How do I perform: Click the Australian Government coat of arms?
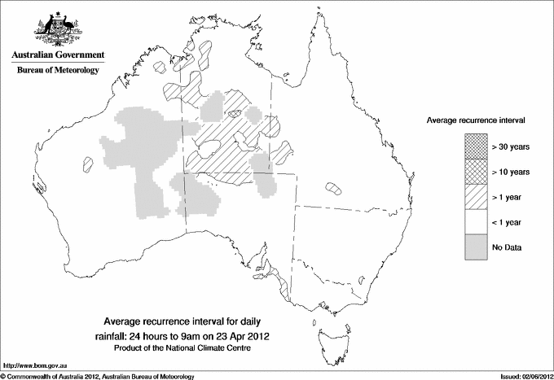[58, 26]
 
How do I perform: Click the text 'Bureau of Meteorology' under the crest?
[58, 71]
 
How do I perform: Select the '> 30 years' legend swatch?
[477, 147]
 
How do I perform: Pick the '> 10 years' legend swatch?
[477, 172]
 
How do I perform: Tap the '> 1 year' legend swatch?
[477, 197]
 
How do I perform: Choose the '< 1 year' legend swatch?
[477, 221]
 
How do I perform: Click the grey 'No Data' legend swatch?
[477, 247]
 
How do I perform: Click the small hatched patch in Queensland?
[333, 188]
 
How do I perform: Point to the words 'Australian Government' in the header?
[58, 55]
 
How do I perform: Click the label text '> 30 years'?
[511, 147]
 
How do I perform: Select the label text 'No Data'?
[506, 247]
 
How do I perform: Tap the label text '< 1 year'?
[508, 221]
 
